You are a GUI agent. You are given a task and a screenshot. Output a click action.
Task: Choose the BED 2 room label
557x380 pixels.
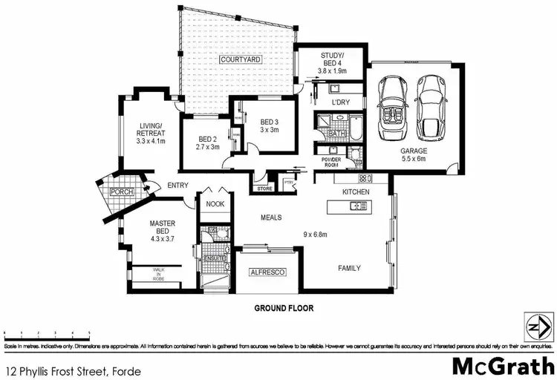click(x=208, y=142)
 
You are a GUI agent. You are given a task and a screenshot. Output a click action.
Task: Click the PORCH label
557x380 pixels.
click(x=120, y=191)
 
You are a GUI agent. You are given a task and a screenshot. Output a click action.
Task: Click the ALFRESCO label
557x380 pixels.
click(x=267, y=273)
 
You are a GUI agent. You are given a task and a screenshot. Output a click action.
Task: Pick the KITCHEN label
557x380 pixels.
click(x=355, y=191)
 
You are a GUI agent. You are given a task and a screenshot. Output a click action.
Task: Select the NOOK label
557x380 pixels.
click(x=215, y=203)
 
